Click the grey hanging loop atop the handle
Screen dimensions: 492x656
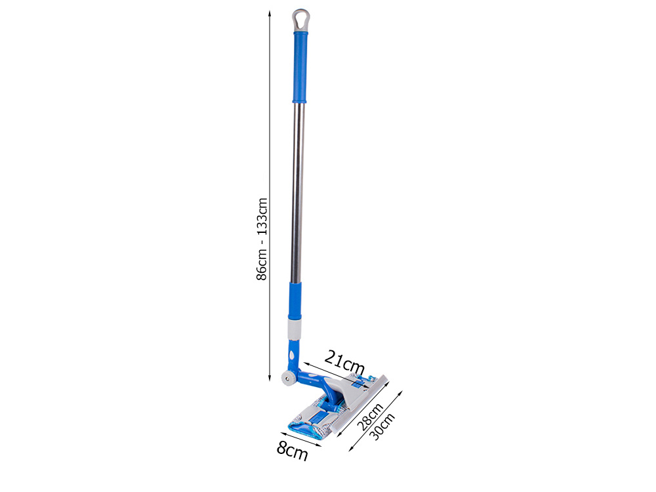[x=300, y=19]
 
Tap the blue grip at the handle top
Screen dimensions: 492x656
[x=300, y=66]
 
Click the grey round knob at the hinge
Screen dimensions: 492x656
[x=287, y=379]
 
